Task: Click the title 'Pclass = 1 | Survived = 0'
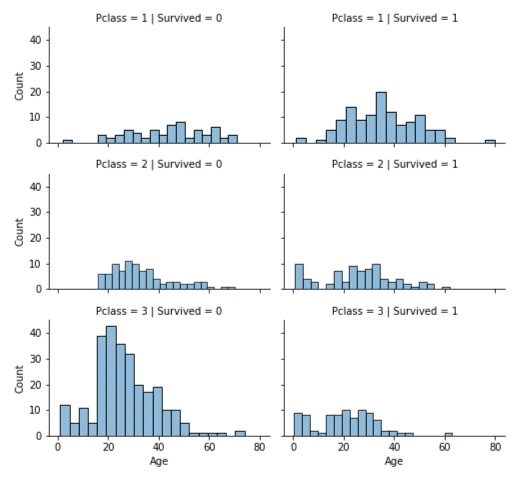click(x=159, y=18)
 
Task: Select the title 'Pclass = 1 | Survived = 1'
click(x=394, y=18)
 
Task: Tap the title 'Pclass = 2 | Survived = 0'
click(x=159, y=164)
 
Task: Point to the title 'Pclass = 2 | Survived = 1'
click(x=394, y=164)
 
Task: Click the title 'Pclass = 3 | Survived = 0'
click(x=159, y=311)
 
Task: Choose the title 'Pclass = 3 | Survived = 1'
click(x=394, y=311)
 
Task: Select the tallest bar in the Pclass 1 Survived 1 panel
click(x=381, y=118)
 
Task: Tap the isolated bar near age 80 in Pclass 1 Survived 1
click(x=490, y=142)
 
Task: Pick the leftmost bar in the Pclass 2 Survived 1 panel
click(x=299, y=276)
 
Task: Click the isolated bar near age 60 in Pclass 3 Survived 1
click(x=448, y=434)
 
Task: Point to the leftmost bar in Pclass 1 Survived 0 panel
click(x=67, y=142)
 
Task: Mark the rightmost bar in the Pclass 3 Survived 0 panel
click(x=240, y=433)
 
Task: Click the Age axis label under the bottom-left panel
click(x=159, y=461)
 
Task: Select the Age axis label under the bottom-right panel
click(x=393, y=461)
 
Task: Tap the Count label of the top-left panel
click(x=19, y=86)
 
